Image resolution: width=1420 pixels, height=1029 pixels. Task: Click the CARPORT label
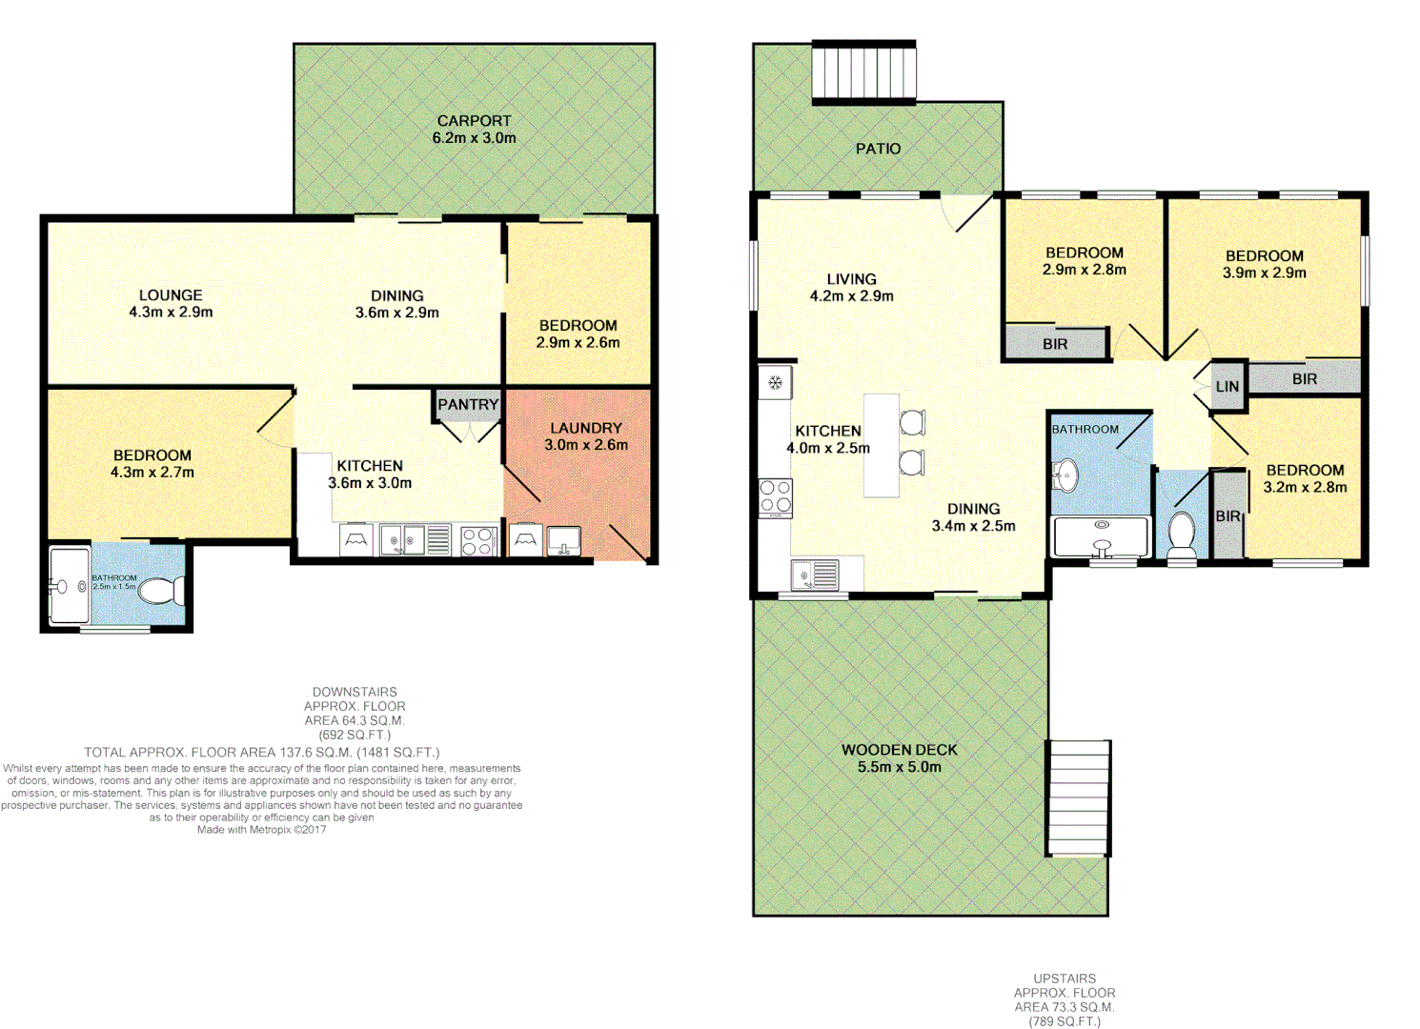pyautogui.click(x=474, y=121)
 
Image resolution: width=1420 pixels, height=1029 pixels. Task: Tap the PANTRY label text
pyautogui.click(x=468, y=405)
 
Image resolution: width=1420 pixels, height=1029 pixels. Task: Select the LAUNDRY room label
pyautogui.click(x=585, y=429)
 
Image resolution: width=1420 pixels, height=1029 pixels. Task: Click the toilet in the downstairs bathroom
pyautogui.click(x=162, y=591)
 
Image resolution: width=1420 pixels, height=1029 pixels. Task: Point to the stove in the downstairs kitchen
pyautogui.click(x=477, y=541)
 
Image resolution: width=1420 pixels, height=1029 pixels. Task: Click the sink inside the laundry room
pyautogui.click(x=563, y=540)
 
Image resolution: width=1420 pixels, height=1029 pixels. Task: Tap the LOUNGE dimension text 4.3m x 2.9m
pyautogui.click(x=171, y=313)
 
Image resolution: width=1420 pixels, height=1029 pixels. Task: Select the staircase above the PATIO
pyautogui.click(x=863, y=71)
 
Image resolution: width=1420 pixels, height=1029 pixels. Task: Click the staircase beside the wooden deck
pyautogui.click(x=1079, y=798)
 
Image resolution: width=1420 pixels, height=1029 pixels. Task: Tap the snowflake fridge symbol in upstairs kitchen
pyautogui.click(x=776, y=383)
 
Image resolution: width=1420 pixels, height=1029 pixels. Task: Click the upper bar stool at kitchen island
pyautogui.click(x=912, y=422)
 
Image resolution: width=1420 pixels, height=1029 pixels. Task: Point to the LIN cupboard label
pyautogui.click(x=1227, y=387)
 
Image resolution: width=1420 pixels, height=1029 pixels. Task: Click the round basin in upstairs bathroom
pyautogui.click(x=1065, y=474)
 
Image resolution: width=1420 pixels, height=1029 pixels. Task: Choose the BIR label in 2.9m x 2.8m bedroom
pyautogui.click(x=1055, y=344)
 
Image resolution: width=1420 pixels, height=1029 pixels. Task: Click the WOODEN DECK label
pyautogui.click(x=899, y=750)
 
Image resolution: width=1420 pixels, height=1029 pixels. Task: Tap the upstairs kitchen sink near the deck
pyautogui.click(x=815, y=575)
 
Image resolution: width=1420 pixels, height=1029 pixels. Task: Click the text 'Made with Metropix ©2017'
pyautogui.click(x=261, y=830)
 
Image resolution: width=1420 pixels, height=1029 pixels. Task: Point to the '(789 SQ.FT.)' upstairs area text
pyautogui.click(x=1064, y=1021)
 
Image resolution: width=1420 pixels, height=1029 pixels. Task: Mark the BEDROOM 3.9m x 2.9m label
pyautogui.click(x=1264, y=256)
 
